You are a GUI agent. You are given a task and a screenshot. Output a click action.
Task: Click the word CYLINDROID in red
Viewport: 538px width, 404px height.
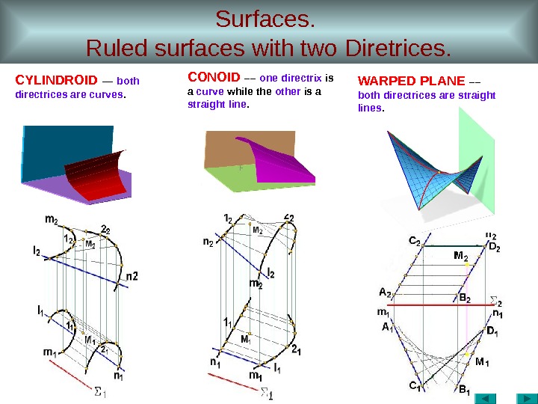pos(57,80)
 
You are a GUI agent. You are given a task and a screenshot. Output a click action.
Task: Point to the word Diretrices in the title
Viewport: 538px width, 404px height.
pos(399,49)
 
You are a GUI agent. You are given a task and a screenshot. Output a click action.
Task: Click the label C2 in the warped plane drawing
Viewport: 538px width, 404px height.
pos(413,242)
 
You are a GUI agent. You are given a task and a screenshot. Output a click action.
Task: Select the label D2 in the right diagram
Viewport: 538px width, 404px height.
pos(495,247)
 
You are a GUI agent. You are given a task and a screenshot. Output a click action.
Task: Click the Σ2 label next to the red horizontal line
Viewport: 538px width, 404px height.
pos(495,302)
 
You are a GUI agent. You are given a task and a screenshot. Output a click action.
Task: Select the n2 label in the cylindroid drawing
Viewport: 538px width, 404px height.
pos(132,276)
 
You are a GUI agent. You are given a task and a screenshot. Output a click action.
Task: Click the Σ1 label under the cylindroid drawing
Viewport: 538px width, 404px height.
pos(99,391)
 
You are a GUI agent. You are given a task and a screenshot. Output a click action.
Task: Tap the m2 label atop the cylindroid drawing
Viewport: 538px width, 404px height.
pos(52,219)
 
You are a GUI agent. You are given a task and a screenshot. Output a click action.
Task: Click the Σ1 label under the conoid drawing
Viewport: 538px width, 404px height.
pos(266,393)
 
